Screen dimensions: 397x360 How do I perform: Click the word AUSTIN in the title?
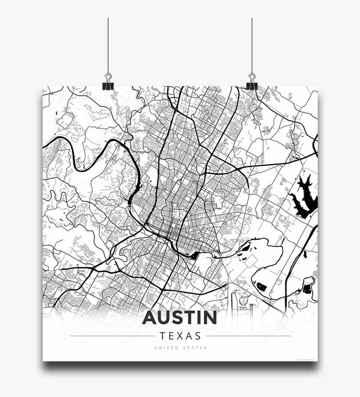coord(180,318)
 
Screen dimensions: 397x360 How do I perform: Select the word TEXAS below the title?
coord(180,336)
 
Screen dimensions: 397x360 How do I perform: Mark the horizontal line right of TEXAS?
coord(248,336)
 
